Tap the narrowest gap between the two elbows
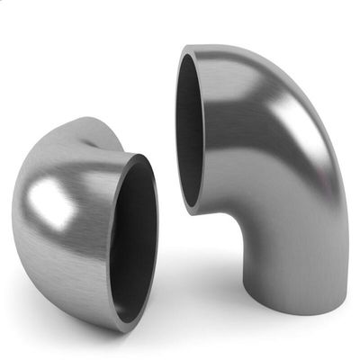[x=167, y=193]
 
